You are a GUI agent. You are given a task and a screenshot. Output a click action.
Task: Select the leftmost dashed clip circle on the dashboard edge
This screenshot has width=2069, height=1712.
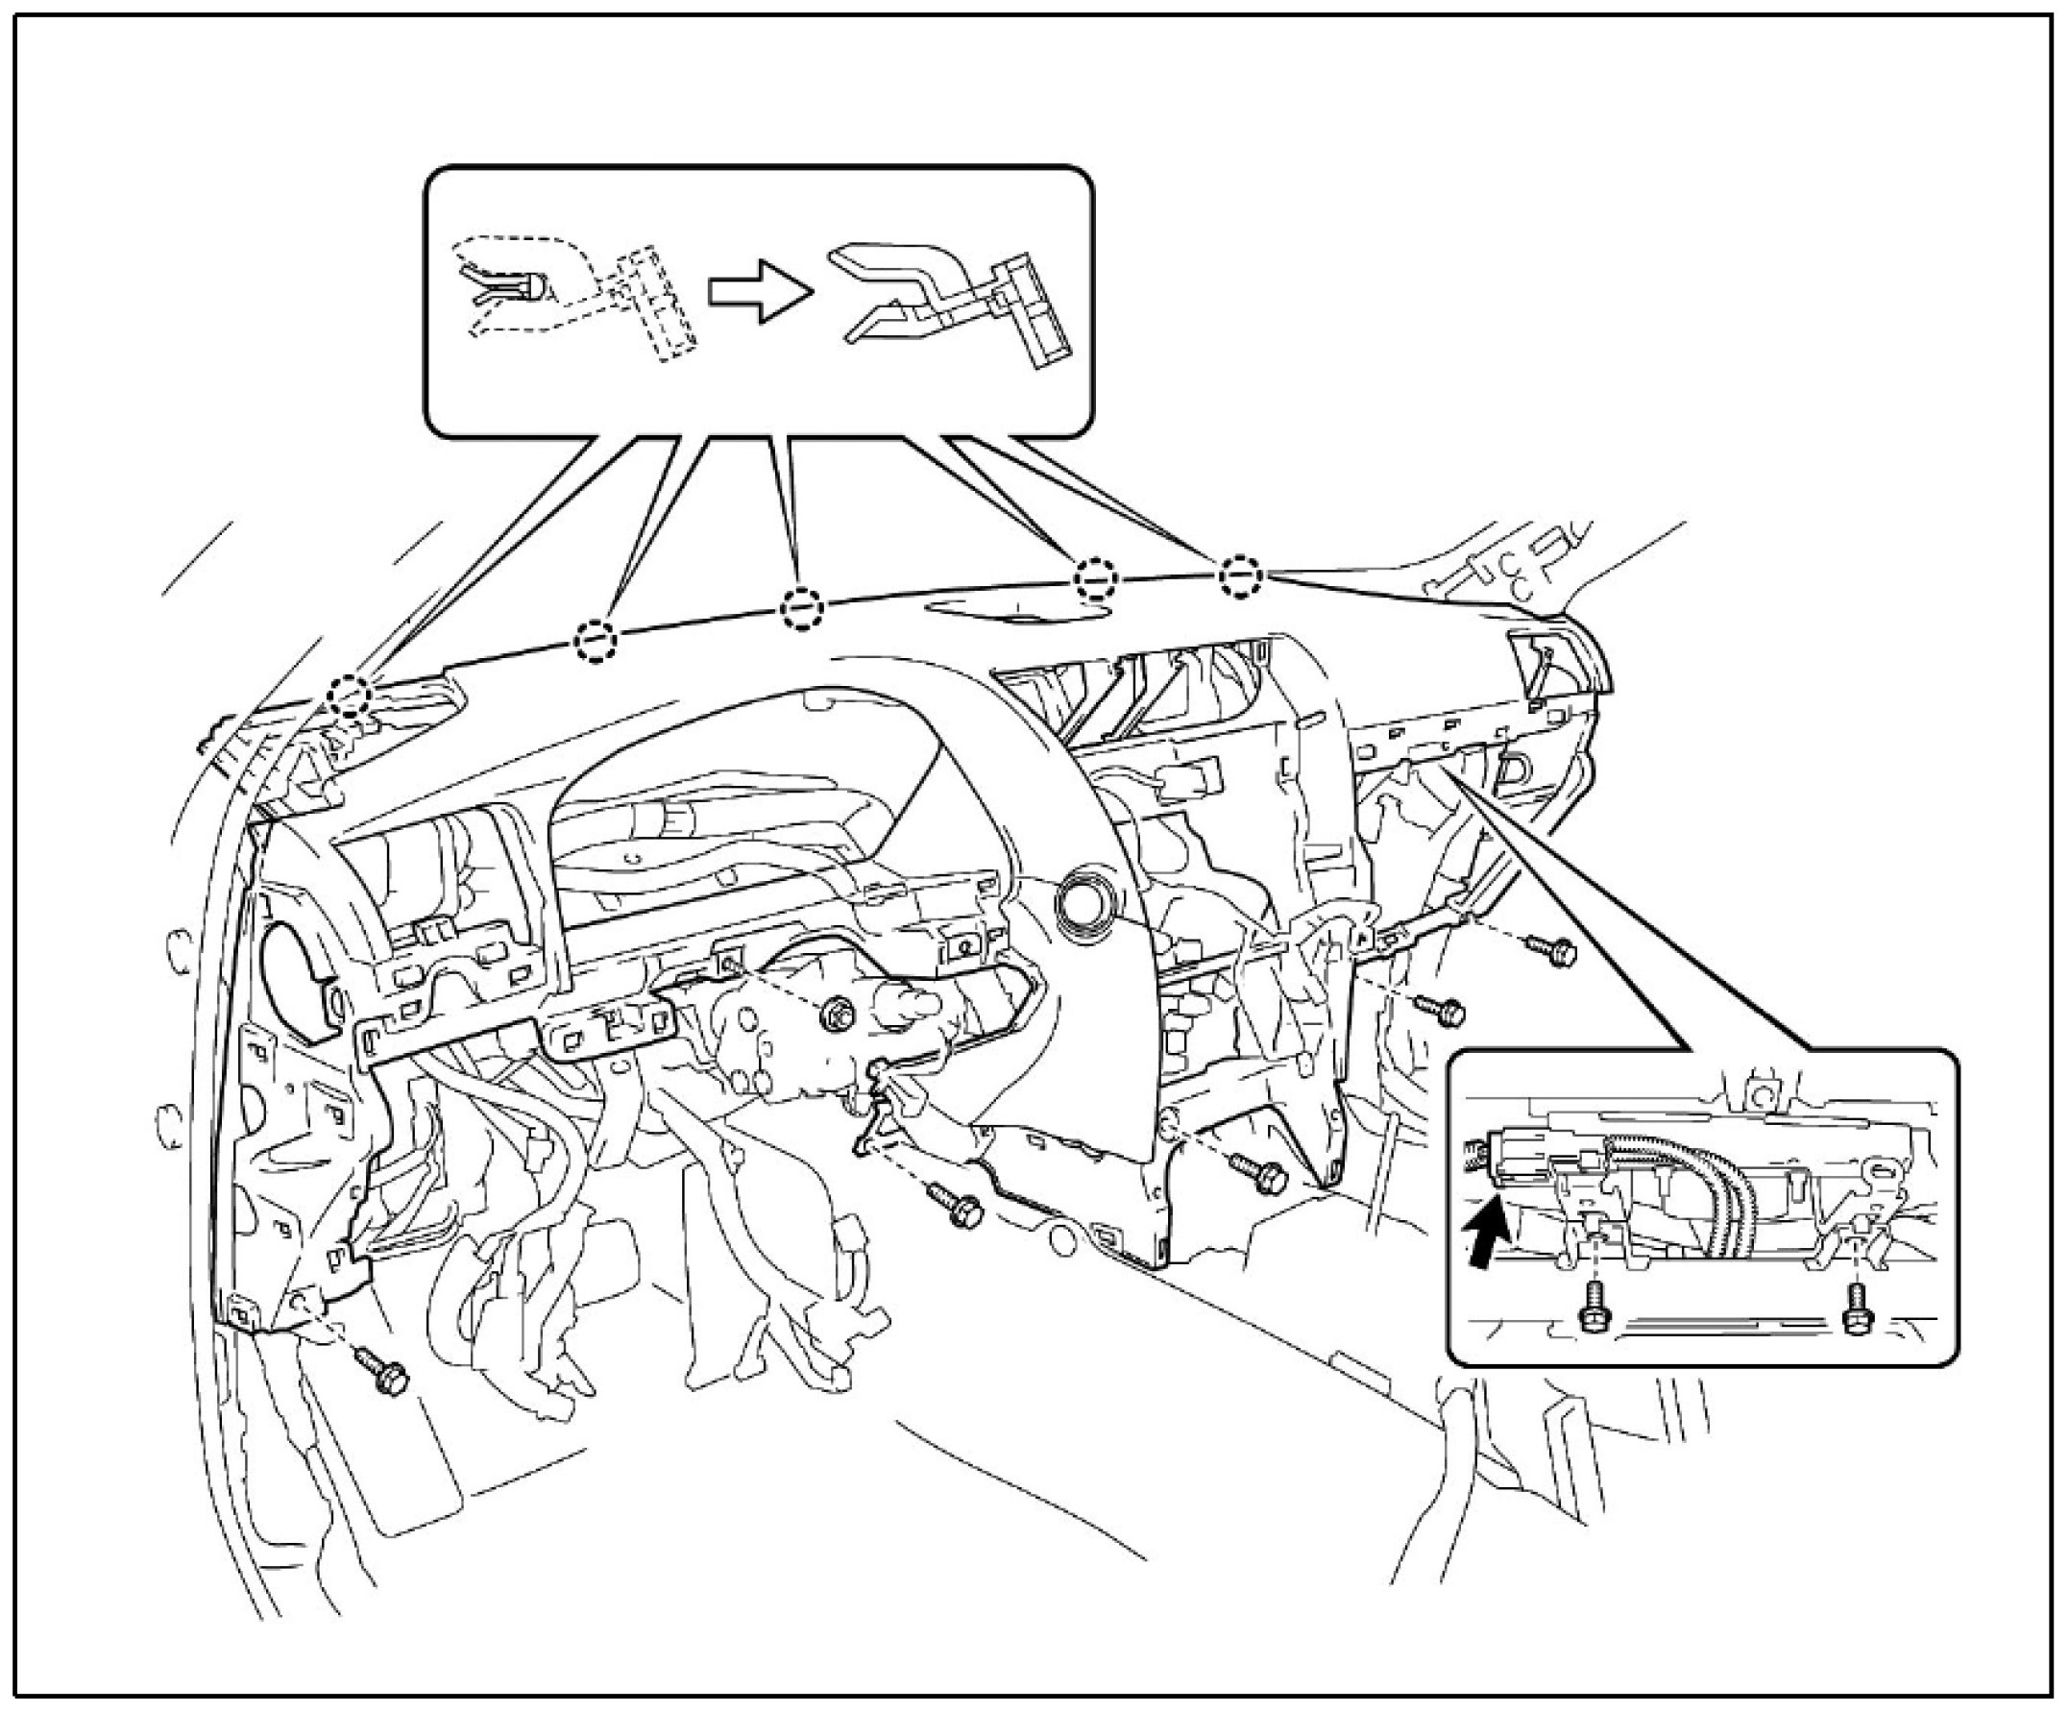pos(349,696)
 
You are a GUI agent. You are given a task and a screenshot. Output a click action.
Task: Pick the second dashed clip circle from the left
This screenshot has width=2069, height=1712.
pos(596,641)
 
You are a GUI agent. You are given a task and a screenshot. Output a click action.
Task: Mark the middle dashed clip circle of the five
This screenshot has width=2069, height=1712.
pos(801,608)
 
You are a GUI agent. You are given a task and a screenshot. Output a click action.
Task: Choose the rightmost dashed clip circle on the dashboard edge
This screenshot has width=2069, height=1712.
pos(1240,575)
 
